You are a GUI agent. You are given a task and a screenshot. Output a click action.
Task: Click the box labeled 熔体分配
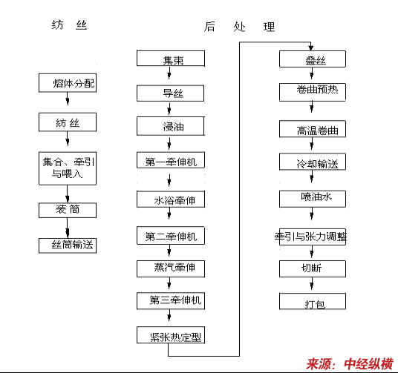[68, 83]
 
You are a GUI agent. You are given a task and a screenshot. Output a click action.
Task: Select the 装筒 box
[68, 210]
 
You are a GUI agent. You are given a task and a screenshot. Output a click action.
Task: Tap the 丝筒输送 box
[68, 245]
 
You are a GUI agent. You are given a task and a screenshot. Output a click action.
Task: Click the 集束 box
[171, 59]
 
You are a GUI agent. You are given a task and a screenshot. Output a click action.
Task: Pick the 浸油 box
[171, 126]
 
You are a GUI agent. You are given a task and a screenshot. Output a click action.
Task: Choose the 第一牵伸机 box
[171, 160]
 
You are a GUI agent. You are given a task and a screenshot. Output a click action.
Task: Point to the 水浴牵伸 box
[171, 199]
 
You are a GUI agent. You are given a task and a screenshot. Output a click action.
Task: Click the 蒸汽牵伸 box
[171, 268]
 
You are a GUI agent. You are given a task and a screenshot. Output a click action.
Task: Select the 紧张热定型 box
[171, 335]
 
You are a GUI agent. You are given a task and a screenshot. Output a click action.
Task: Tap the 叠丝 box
[313, 59]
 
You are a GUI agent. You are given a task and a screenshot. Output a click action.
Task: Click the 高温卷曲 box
[313, 129]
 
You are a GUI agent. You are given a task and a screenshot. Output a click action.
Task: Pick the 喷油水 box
[313, 199]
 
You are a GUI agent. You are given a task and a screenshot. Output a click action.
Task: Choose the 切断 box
[313, 268]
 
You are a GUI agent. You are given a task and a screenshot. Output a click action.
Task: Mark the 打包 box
[313, 301]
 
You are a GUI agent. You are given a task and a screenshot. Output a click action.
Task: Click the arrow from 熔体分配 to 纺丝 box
[68, 99]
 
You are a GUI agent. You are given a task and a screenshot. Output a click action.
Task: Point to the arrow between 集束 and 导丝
[169, 73]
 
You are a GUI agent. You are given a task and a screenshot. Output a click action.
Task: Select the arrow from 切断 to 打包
[312, 283]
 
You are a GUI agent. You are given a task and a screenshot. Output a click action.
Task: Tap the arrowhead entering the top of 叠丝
[311, 47]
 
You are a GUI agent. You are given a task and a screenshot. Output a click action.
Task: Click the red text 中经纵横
[368, 364]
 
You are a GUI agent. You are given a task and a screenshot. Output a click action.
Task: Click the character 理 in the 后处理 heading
[269, 27]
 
